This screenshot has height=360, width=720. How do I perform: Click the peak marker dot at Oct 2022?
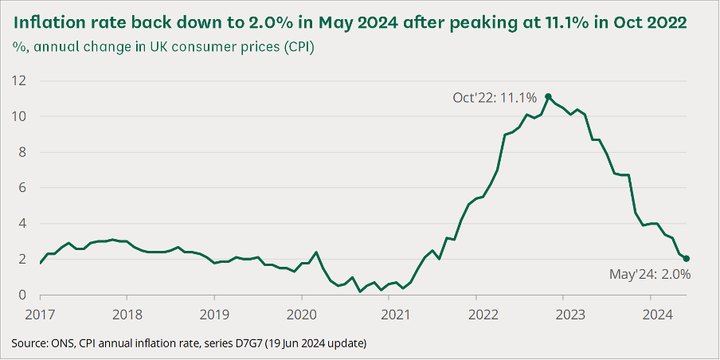click(548, 96)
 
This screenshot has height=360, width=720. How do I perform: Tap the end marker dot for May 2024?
click(687, 259)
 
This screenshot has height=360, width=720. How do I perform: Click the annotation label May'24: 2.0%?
click(649, 274)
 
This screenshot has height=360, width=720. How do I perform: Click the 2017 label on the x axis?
click(40, 312)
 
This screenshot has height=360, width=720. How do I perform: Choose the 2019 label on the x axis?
click(214, 312)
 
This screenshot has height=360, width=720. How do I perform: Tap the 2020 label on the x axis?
click(302, 312)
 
